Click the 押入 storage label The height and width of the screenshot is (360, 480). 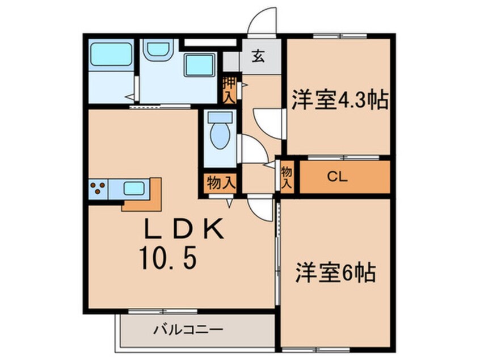[x=229, y=90]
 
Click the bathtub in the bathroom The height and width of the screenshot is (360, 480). [x=111, y=55]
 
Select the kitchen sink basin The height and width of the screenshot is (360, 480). [x=135, y=188]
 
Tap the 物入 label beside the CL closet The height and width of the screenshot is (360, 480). [x=287, y=177]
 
